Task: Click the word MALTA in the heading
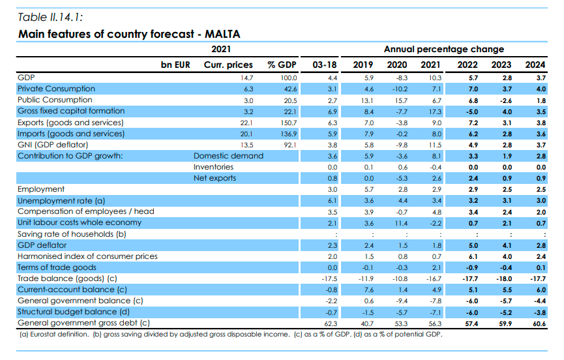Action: click(223, 33)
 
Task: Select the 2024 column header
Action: click(535, 65)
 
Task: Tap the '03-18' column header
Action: click(325, 65)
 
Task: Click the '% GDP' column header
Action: click(282, 65)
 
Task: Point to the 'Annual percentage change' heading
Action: click(443, 49)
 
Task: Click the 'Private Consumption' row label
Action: click(56, 89)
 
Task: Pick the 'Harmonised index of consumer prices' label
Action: click(87, 256)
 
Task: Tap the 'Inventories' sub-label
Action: click(214, 166)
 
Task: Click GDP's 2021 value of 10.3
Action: click(434, 78)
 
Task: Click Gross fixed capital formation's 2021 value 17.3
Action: click(434, 111)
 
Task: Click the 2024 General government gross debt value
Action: click(538, 323)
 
